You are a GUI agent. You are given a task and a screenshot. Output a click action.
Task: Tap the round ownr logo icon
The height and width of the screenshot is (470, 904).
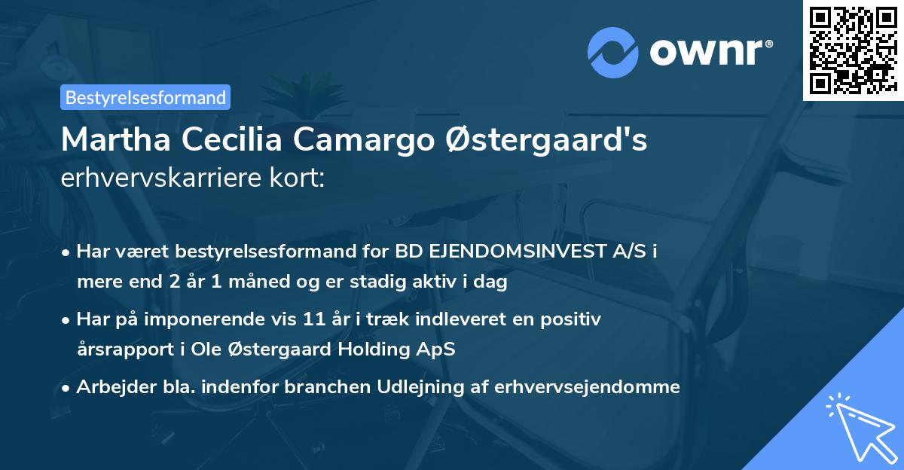(612, 53)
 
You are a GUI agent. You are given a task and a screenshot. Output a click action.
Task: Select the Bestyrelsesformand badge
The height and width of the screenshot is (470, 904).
(145, 97)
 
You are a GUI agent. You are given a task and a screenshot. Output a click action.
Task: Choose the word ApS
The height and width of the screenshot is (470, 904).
(438, 349)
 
